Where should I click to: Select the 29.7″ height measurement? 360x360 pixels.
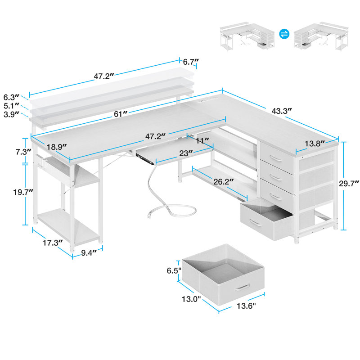pyautogui.click(x=349, y=183)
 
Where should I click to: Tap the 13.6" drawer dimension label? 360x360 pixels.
pyautogui.click(x=245, y=306)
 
